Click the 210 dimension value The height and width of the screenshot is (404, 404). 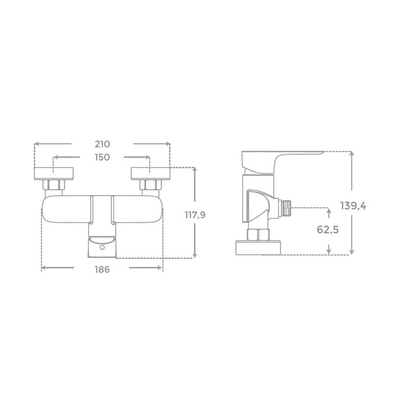point(102,144)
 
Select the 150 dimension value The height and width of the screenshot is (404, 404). point(102,157)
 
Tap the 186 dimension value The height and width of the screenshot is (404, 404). point(102,269)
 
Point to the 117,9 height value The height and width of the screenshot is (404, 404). point(195,215)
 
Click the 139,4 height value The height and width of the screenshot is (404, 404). point(353,206)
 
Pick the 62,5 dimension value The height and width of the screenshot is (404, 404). point(328,230)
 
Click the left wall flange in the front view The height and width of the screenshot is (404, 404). point(54,174)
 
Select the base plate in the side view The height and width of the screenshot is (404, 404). point(259,248)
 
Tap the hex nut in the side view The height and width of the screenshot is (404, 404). point(258,234)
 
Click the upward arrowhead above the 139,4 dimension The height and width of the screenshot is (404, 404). point(352,154)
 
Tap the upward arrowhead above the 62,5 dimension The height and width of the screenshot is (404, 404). point(329,210)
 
